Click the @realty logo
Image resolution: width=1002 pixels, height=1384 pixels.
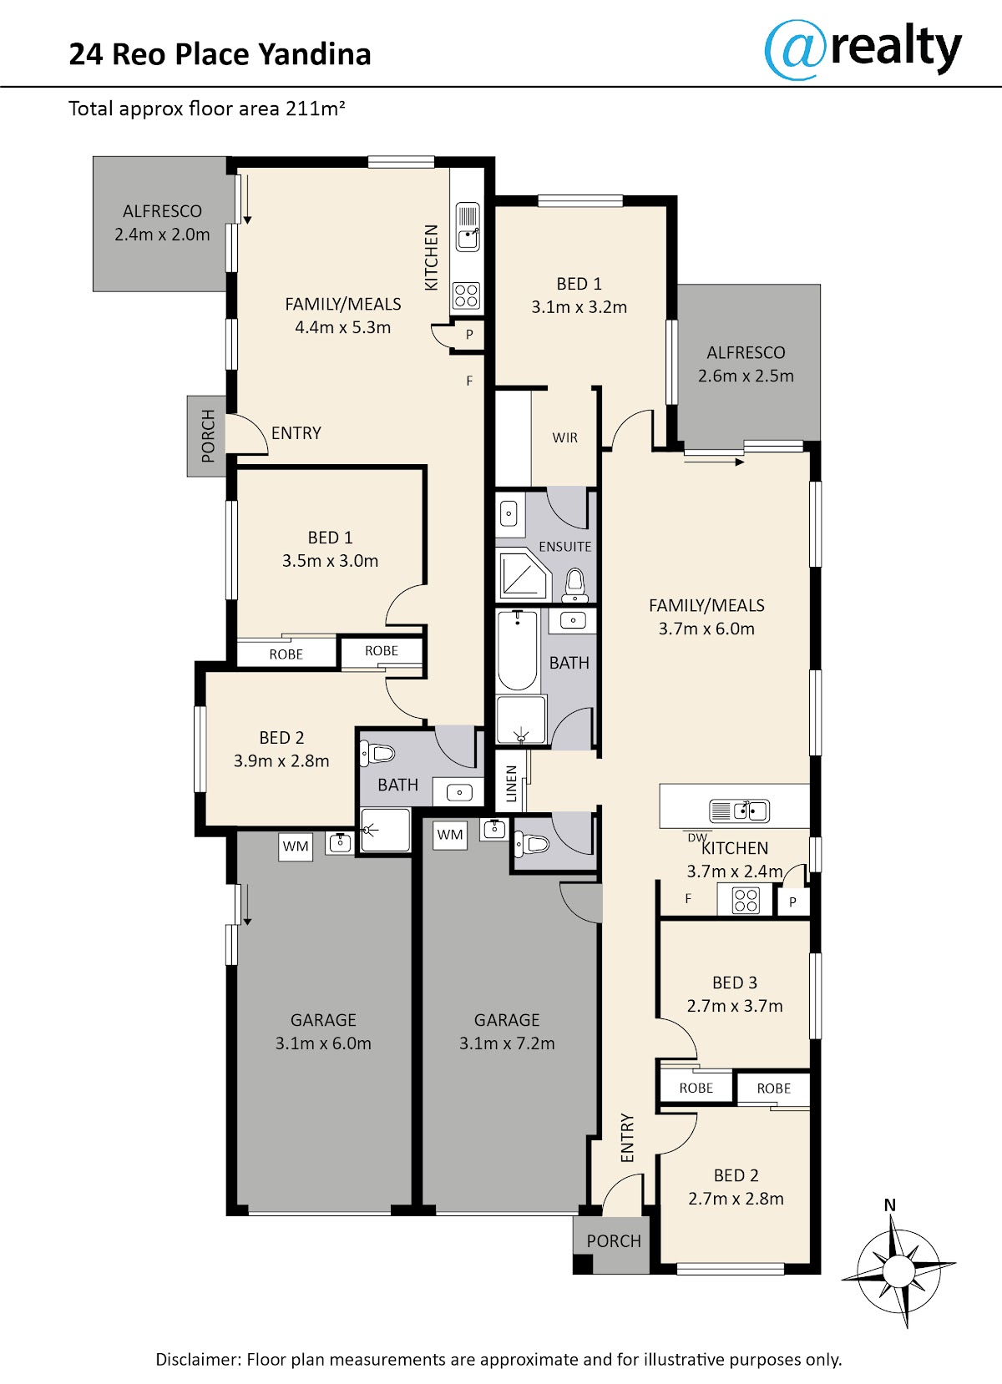(x=863, y=50)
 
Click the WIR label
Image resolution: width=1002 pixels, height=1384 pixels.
(x=565, y=437)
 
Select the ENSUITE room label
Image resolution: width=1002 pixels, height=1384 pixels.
(x=565, y=546)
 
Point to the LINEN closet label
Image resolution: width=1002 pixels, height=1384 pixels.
(x=511, y=784)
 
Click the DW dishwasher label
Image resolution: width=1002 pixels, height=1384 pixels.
(x=696, y=838)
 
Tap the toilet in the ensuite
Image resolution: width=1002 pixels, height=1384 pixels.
(x=574, y=584)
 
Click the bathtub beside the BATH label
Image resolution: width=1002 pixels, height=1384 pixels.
(x=518, y=650)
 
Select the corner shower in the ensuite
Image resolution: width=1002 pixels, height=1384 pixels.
(x=523, y=574)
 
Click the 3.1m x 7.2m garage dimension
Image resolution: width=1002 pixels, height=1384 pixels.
(x=507, y=1043)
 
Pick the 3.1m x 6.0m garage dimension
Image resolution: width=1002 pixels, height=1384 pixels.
(x=323, y=1043)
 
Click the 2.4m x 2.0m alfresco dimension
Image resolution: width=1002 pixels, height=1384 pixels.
(x=162, y=235)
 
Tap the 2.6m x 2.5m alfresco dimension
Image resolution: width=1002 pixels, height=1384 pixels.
(x=746, y=376)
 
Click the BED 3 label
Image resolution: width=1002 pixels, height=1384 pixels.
(x=734, y=982)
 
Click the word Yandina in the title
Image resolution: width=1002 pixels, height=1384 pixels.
(x=315, y=53)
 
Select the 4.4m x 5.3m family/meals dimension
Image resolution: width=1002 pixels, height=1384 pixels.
(x=343, y=327)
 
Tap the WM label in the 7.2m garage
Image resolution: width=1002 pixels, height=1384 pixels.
(x=449, y=835)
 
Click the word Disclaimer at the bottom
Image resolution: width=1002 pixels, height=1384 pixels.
(x=198, y=1359)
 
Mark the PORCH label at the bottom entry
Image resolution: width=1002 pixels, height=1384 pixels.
(x=613, y=1240)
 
